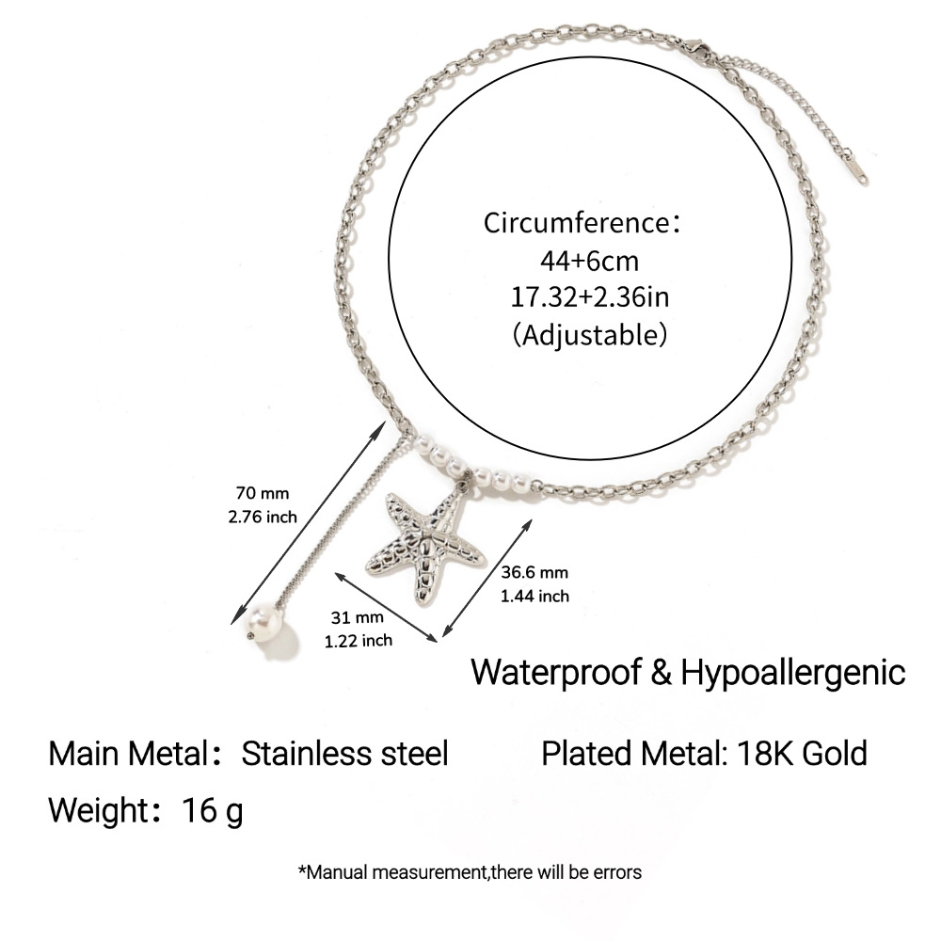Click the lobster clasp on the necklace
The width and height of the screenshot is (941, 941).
[697, 51]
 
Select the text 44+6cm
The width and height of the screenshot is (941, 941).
[589, 261]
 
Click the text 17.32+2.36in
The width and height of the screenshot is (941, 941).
[589, 297]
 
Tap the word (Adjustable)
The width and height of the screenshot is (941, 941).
[589, 334]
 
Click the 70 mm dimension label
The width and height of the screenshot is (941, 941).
[263, 493]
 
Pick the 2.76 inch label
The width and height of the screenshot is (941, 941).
[263, 517]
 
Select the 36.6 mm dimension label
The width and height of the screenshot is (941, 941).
[534, 572]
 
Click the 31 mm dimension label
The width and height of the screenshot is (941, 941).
[357, 617]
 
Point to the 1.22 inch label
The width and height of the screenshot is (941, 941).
[359, 641]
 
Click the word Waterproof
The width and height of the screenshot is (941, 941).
[556, 672]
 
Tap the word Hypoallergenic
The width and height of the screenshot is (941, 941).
[792, 673]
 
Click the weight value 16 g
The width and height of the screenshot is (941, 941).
[213, 811]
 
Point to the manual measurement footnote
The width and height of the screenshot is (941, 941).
[470, 872]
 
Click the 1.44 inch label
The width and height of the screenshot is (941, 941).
[534, 596]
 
